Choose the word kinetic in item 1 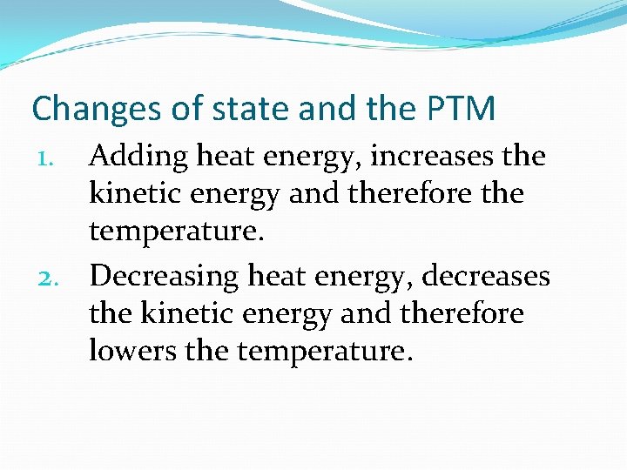(x=135, y=194)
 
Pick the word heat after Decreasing (x=278, y=277)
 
